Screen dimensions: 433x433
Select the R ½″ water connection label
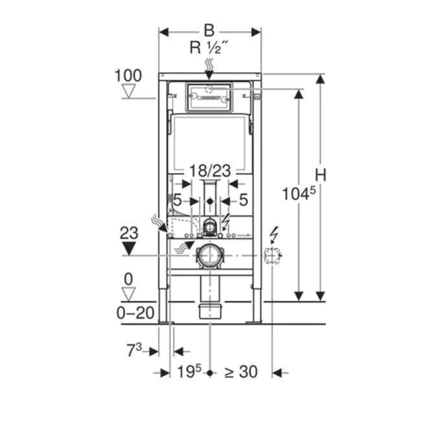pyautogui.click(x=209, y=49)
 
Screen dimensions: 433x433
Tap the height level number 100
pyautogui.click(x=128, y=75)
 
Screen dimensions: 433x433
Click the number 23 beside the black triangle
pyautogui.click(x=128, y=233)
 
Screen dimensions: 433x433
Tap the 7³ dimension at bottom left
pyautogui.click(x=134, y=351)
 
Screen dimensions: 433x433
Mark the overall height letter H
pyautogui.click(x=320, y=175)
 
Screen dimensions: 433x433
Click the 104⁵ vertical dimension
pyautogui.click(x=296, y=196)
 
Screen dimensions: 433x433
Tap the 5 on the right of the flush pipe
pyautogui.click(x=243, y=200)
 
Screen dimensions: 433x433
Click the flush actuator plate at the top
pyautogui.click(x=209, y=97)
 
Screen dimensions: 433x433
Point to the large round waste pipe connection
pyautogui.click(x=209, y=257)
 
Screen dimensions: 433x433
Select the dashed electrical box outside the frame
pyautogui.click(x=273, y=257)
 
